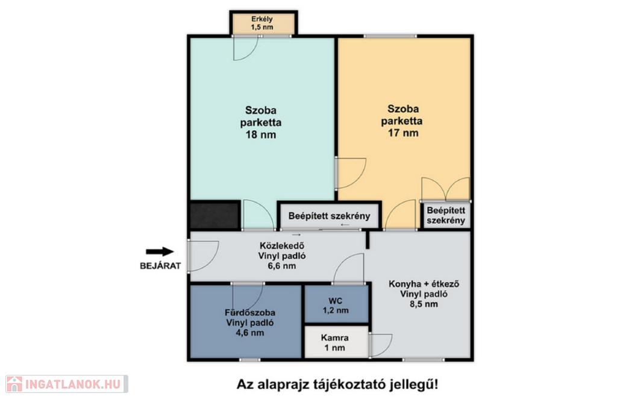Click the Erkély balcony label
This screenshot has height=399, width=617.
pos(262,19)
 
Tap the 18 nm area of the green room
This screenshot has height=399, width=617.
pos(261,134)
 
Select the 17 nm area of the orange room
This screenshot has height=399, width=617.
pos(403,133)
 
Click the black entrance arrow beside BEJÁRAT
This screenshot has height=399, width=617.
pos(160,252)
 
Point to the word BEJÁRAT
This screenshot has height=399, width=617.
pos(160,266)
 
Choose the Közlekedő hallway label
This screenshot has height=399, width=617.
pos(282,246)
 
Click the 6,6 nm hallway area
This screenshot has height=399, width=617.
pos(282,266)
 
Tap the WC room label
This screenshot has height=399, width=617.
pos(336,301)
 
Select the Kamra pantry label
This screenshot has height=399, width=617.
pos(334,338)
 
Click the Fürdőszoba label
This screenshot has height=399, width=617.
pos(250,313)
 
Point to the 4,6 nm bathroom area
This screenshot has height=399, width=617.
pos(250,333)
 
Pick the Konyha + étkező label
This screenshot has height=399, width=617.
pos(424,284)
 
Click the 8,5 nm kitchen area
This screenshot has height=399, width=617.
pos(424,304)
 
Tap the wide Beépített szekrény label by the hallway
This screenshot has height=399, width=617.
pos(330,216)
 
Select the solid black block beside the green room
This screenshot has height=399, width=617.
pos(215,215)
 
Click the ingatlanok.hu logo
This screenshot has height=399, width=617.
pos(67,384)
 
